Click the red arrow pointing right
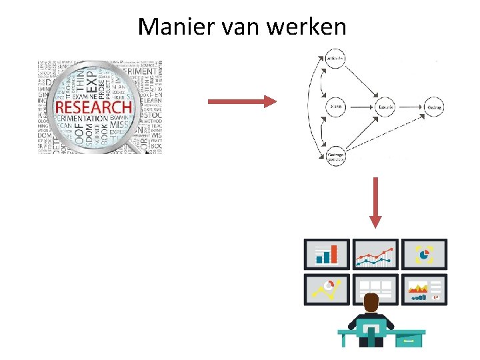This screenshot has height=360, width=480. pos(241,101)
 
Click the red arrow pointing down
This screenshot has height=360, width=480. pos(375,202)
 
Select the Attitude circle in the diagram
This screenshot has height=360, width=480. pos(336,59)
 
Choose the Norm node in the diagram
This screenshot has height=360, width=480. pos(336,107)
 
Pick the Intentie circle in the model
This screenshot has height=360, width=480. pos(385,107)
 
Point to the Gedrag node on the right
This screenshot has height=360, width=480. pos(434,107)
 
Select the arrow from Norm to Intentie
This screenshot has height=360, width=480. pos(360,107)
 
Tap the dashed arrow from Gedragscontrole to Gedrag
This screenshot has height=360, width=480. pos(387,133)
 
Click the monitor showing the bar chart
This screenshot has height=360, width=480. pos(326,254)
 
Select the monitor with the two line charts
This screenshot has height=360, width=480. pos(375,254)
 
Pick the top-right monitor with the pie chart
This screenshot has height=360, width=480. pos(425,254)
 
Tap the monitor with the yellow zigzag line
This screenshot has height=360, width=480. pos(326,289)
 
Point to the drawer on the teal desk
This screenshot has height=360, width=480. pos(409,340)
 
